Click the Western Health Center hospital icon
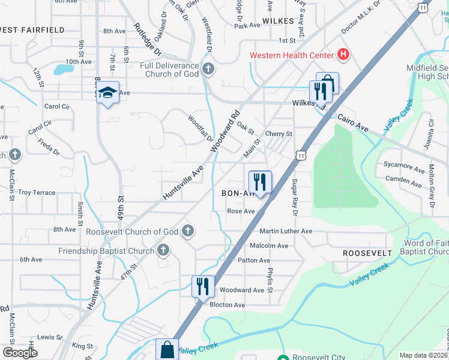coord(343,55)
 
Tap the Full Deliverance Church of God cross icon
coord(208,70)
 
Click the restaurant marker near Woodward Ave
coord(203,286)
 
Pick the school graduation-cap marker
coord(107,92)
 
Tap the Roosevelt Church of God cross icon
coord(188,231)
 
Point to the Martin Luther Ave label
coord(286,231)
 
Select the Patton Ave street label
coord(254,260)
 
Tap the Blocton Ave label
coord(227,305)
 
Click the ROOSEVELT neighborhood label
coord(367,253)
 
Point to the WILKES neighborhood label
coord(278,20)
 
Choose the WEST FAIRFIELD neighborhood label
coord(32,29)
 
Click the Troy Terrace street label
coord(37,193)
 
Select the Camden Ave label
coord(403,179)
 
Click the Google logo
coord(20,352)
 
